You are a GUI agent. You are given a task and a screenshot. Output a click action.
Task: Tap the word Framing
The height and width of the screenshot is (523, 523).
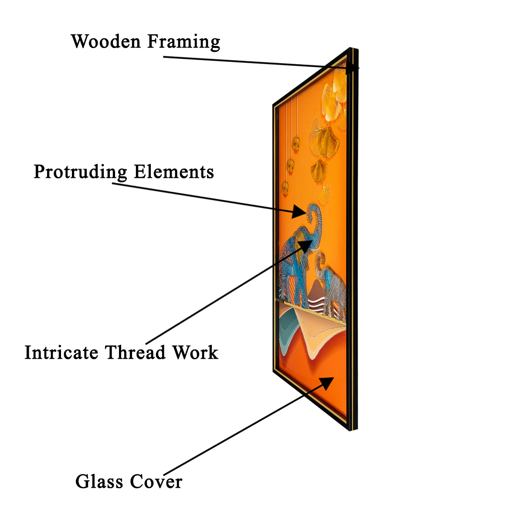pyautogui.click(x=184, y=42)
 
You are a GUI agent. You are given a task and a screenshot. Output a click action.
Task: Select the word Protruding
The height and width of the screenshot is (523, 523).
pyautogui.click(x=80, y=172)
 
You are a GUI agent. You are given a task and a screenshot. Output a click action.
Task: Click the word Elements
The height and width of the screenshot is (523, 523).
pyautogui.click(x=174, y=172)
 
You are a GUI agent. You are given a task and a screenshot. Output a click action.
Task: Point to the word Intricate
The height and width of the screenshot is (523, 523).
pyautogui.click(x=61, y=353)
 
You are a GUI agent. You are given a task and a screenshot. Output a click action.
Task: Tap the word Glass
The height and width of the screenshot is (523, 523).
pyautogui.click(x=99, y=482)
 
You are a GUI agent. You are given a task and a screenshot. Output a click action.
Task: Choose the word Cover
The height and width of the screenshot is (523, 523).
pyautogui.click(x=156, y=482)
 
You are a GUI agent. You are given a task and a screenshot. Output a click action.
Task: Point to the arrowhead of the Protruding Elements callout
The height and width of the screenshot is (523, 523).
pyautogui.click(x=300, y=212)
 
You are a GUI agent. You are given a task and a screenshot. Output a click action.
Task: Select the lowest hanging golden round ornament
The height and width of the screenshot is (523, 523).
pyautogui.click(x=285, y=188)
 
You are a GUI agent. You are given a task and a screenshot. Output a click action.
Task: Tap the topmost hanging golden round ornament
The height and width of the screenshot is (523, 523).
pyautogui.click(x=296, y=144)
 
